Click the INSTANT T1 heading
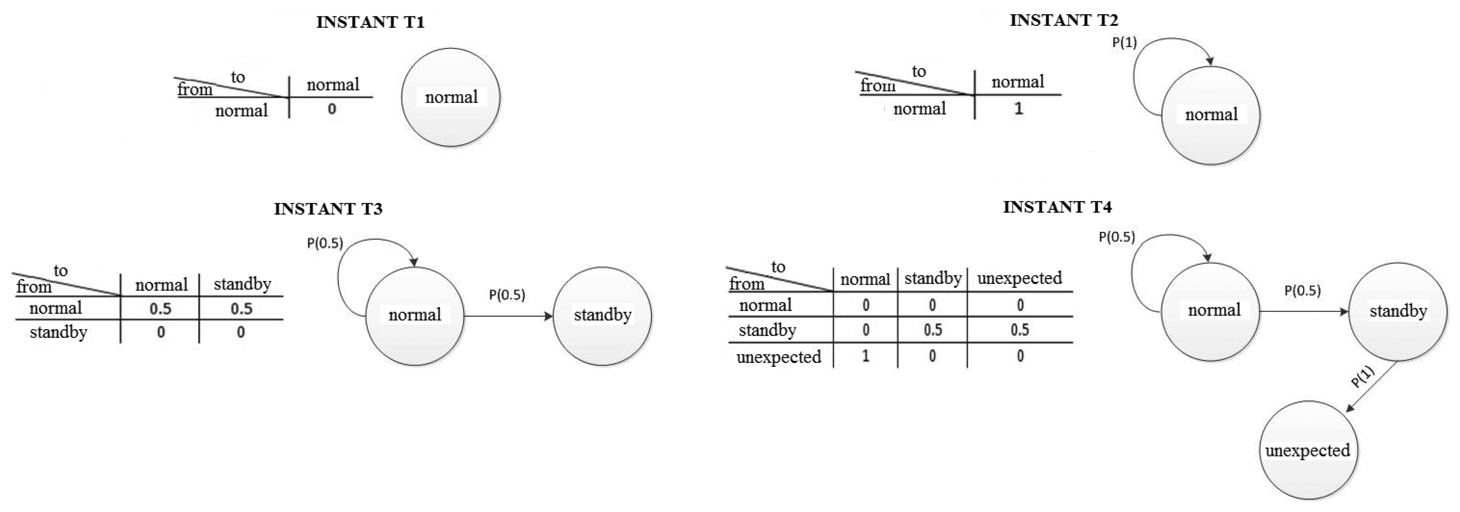[370, 22]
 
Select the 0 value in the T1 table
[332, 109]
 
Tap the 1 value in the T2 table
[1018, 109]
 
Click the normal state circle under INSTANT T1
[451, 97]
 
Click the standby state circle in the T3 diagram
[602, 316]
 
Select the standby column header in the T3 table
[242, 284]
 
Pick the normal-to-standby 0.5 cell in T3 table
[242, 309]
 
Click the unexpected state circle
[1308, 450]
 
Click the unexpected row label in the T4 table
[778, 357]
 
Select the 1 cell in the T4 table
[865, 357]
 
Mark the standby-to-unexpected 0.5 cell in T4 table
[1019, 330]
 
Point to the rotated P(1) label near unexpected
[1363, 377]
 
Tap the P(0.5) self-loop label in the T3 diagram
[325, 243]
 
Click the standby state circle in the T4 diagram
[1397, 311]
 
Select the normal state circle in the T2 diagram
[1211, 115]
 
